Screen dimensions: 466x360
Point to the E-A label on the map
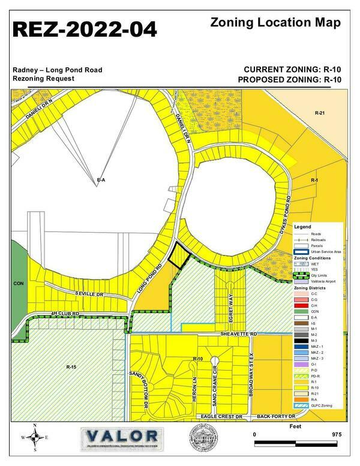click(x=101, y=180)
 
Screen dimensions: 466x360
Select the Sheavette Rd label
click(x=239, y=333)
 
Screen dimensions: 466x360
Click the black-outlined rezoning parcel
click(x=178, y=257)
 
